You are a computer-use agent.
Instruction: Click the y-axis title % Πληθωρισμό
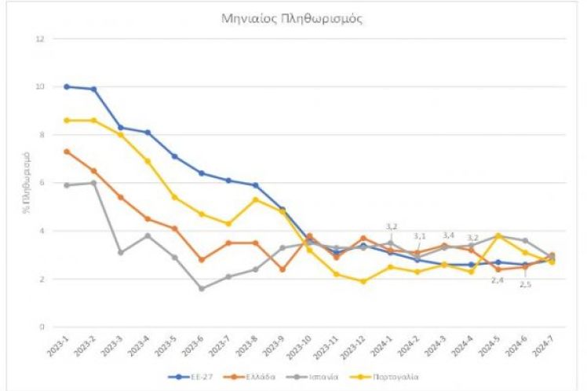coord(24,183)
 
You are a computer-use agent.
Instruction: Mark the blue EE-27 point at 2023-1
coord(67,86)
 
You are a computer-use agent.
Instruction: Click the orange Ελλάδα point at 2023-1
coord(67,152)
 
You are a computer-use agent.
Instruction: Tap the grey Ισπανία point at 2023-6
coord(202,288)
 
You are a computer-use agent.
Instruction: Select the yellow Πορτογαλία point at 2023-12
coord(363,281)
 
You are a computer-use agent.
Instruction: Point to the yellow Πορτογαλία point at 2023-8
coord(255,199)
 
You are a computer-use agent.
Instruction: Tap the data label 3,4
coord(448,235)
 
